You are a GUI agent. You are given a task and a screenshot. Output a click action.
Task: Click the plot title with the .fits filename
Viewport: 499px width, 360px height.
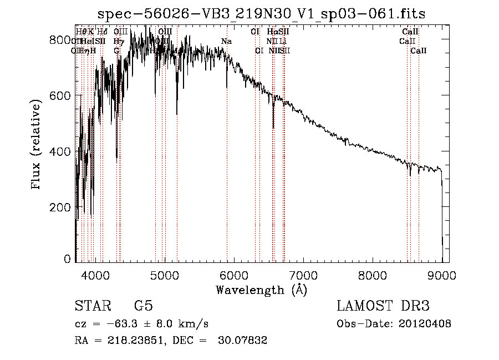[261, 14]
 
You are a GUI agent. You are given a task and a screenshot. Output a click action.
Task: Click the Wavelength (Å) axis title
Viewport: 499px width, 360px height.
[261, 290]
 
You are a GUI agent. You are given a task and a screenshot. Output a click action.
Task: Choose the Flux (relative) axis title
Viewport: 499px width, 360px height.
[37, 145]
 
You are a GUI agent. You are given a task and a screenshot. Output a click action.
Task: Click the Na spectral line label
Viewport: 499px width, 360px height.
[226, 41]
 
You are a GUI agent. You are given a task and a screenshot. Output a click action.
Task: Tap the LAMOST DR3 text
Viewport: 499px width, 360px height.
[383, 307]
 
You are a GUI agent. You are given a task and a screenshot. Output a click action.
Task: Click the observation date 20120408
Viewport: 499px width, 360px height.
[425, 324]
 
